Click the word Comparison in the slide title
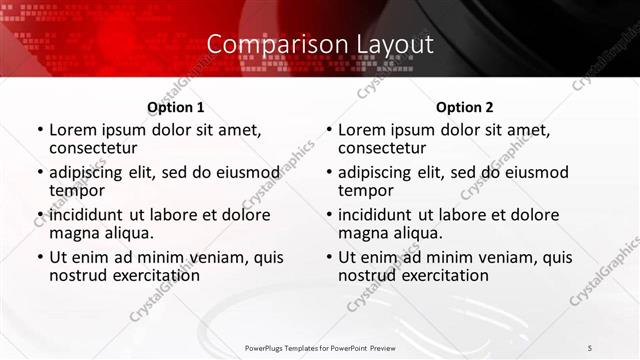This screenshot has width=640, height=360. (268, 45)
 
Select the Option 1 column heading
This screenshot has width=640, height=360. (175, 107)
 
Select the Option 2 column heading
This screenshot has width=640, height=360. (464, 107)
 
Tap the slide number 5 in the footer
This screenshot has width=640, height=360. (589, 347)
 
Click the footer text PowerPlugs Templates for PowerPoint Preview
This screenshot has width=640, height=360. (320, 347)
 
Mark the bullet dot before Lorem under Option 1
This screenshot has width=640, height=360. (40, 131)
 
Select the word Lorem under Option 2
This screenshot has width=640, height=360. (361, 130)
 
